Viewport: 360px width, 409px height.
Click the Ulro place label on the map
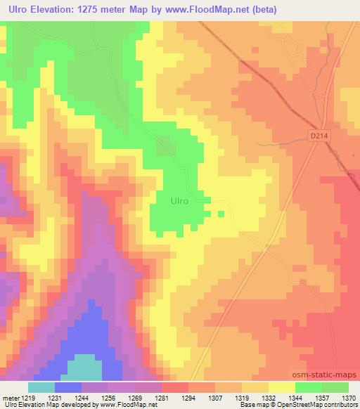tap(179, 200)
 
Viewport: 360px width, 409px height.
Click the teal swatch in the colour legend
tap(41, 387)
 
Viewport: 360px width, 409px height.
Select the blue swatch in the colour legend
tap(68, 387)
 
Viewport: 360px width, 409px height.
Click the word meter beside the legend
tap(8, 397)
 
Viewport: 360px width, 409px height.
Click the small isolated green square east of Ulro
tap(221, 214)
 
